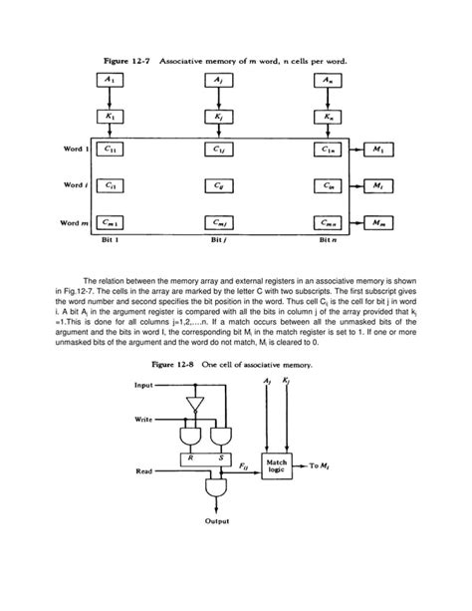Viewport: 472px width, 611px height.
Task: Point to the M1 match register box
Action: pyautogui.click(x=383, y=150)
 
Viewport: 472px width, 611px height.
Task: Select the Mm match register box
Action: pyautogui.click(x=383, y=224)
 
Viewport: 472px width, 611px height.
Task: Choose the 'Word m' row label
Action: pyautogui.click(x=76, y=224)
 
